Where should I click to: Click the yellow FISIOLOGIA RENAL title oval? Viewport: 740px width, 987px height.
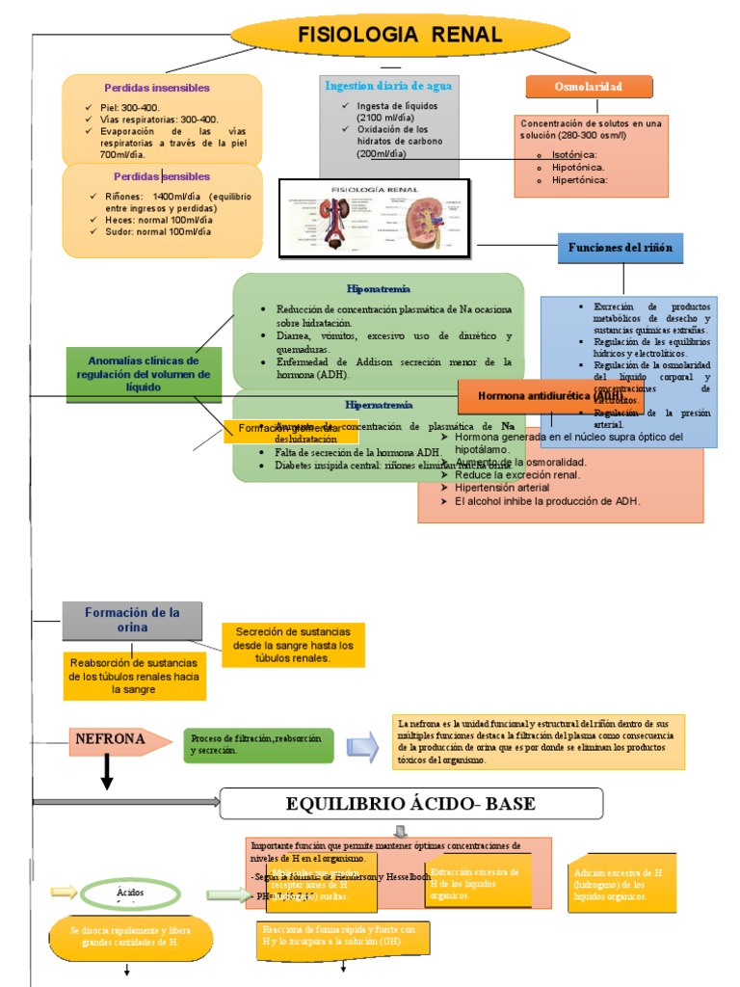[x=399, y=36]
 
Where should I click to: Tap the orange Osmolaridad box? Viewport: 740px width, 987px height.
[x=588, y=87]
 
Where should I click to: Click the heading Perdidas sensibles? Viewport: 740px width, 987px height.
[x=161, y=177]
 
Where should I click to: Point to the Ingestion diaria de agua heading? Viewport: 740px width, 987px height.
[x=388, y=86]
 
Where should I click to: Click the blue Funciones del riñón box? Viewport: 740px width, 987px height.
[x=621, y=248]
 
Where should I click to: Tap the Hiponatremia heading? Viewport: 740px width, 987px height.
[x=379, y=288]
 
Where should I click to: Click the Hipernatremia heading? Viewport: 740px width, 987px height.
[x=379, y=405]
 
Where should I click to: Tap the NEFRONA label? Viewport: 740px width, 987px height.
[x=110, y=740]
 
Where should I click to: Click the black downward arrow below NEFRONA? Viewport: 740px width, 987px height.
[x=107, y=771]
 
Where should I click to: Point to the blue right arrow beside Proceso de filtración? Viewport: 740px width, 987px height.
[x=362, y=745]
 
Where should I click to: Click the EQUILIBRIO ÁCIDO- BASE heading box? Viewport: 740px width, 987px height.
[x=411, y=804]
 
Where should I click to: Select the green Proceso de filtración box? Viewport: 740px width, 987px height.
[x=258, y=744]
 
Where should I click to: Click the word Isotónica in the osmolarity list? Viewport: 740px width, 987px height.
[x=574, y=154]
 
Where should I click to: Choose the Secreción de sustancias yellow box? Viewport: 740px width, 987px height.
[x=293, y=644]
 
